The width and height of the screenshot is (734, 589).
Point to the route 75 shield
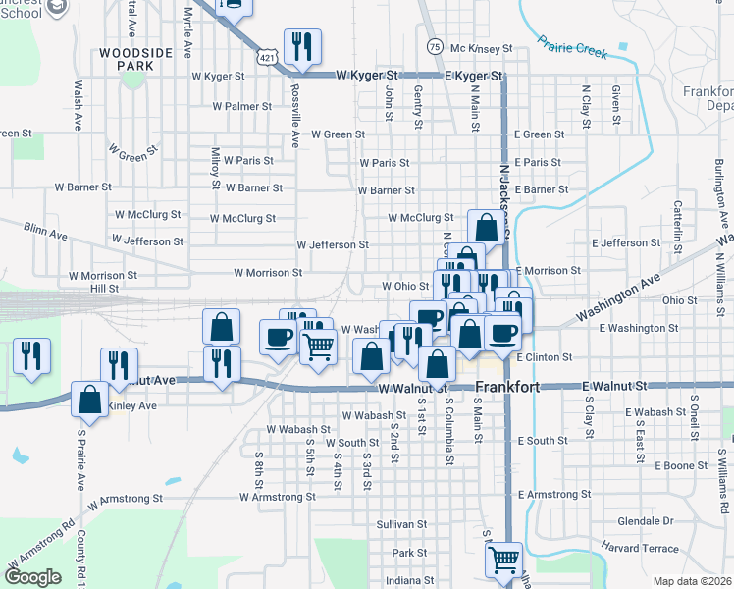434,46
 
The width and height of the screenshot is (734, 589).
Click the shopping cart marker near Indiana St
504,561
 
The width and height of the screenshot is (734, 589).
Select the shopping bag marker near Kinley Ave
90,399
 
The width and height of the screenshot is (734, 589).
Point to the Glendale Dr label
646,520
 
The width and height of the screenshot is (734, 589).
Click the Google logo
32,577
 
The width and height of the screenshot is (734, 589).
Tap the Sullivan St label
401,525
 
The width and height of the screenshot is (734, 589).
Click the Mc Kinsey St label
482,47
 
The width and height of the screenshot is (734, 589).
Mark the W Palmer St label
241,106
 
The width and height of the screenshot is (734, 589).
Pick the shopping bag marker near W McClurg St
486,228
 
